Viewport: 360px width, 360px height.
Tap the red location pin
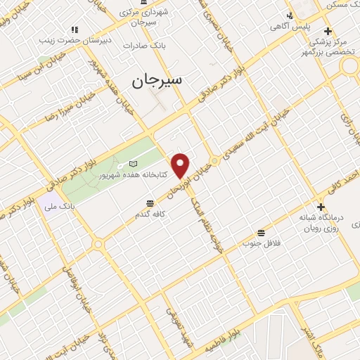pyautogui.click(x=181, y=165)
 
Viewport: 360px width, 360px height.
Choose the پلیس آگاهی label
pyautogui.click(x=290, y=27)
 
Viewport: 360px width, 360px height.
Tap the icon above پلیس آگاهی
pyautogui.click(x=289, y=15)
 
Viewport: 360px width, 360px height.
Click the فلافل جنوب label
pyautogui.click(x=261, y=243)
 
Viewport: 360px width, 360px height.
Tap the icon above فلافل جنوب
pyautogui.click(x=262, y=233)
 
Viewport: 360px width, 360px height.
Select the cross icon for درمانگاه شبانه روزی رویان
pyautogui.click(x=321, y=207)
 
